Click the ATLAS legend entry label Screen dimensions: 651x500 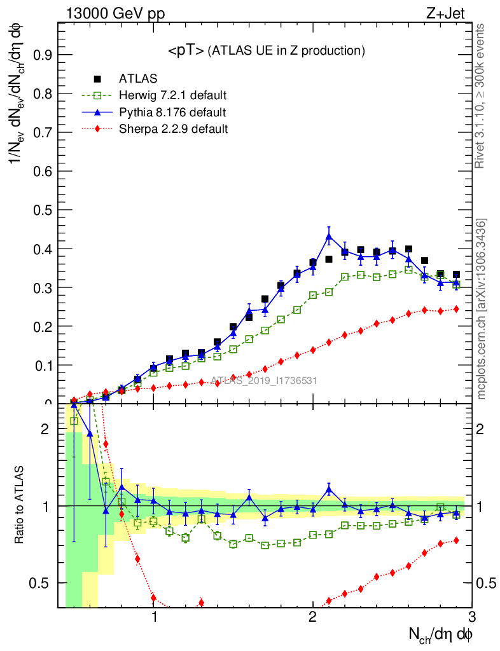(x=137, y=79)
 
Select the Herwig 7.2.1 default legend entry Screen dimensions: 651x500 (x=172, y=96)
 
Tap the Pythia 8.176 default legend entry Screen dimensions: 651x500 (x=172, y=113)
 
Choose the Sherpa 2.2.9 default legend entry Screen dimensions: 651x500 (x=173, y=129)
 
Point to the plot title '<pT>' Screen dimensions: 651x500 (x=186, y=50)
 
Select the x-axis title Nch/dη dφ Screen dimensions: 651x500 (x=440, y=634)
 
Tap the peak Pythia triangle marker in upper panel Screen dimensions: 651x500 (x=329, y=236)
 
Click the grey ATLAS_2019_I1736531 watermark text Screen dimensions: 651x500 (x=263, y=381)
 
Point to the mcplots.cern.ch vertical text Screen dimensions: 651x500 (x=482, y=308)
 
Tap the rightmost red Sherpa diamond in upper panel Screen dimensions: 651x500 (x=455, y=309)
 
